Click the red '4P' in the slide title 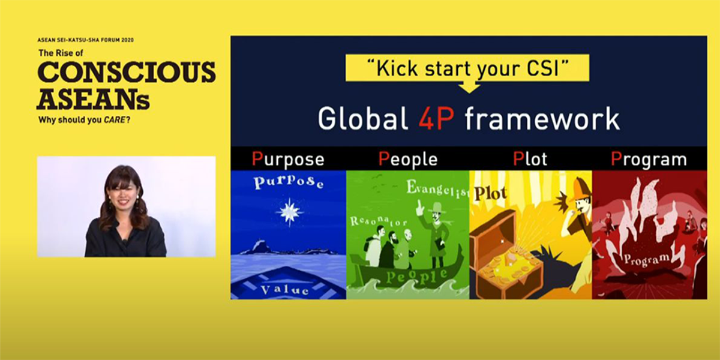[x=437, y=119]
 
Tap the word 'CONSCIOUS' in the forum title [x=127, y=71]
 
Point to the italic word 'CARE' [x=114, y=120]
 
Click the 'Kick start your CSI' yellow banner [x=467, y=68]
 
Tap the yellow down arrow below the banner [x=469, y=87]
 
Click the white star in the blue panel [x=289, y=212]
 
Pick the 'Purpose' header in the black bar [x=288, y=160]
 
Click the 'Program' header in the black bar [x=649, y=159]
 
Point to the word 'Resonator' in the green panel [x=378, y=221]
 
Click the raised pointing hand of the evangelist [x=419, y=208]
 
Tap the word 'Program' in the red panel [x=647, y=259]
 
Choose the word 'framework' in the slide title [x=542, y=119]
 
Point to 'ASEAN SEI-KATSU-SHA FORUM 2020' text [x=85, y=40]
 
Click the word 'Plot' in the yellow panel [x=491, y=193]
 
